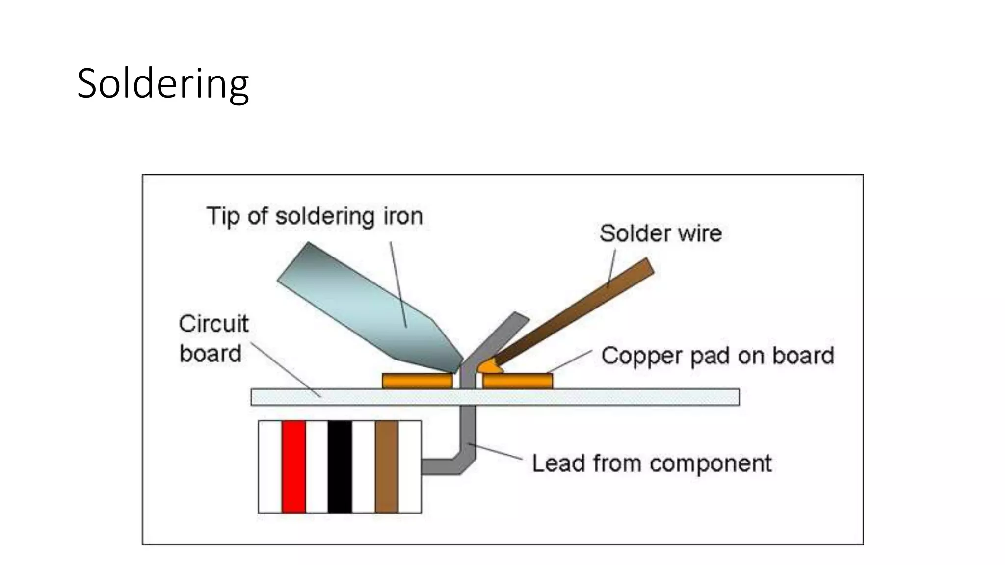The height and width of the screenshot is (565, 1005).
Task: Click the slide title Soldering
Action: (x=163, y=84)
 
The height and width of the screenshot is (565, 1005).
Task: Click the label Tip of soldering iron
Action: (x=315, y=216)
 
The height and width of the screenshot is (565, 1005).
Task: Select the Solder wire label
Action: (x=661, y=233)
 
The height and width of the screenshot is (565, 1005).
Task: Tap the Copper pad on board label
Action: (x=717, y=356)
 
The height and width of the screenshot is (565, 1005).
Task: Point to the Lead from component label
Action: (x=652, y=463)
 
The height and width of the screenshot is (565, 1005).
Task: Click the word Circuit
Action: (x=213, y=324)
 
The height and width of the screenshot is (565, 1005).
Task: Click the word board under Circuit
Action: (x=211, y=354)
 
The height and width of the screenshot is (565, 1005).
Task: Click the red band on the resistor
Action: (x=293, y=466)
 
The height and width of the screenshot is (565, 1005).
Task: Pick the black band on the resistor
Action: (x=340, y=466)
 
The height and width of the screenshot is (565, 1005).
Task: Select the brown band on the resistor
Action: (x=386, y=466)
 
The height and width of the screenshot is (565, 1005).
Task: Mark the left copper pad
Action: (x=417, y=381)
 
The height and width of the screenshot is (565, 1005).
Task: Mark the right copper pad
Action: (x=518, y=381)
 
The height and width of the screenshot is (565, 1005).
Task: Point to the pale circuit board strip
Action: (x=589, y=397)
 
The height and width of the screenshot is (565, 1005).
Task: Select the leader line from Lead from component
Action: (x=496, y=452)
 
